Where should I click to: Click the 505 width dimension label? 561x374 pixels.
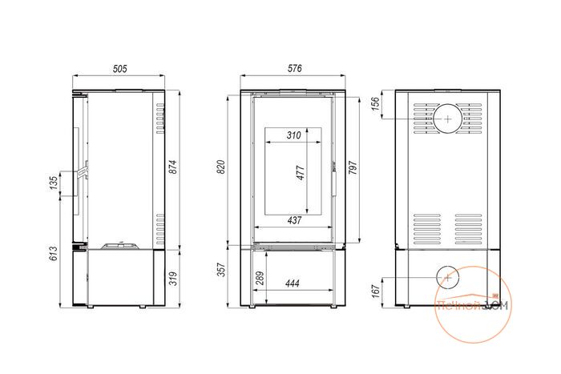[x=120, y=69]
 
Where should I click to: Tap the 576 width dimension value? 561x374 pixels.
[x=295, y=68]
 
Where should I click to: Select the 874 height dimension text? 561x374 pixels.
[x=173, y=167]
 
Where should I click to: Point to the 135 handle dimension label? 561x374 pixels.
[x=54, y=183]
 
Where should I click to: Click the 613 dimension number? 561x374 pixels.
[x=54, y=253]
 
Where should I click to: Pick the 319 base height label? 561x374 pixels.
[x=173, y=279]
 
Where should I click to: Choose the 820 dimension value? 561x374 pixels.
[x=221, y=167]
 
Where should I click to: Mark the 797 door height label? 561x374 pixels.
[x=353, y=167]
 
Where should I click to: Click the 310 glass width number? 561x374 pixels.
[x=294, y=135]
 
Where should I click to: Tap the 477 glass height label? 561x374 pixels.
[x=301, y=173]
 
